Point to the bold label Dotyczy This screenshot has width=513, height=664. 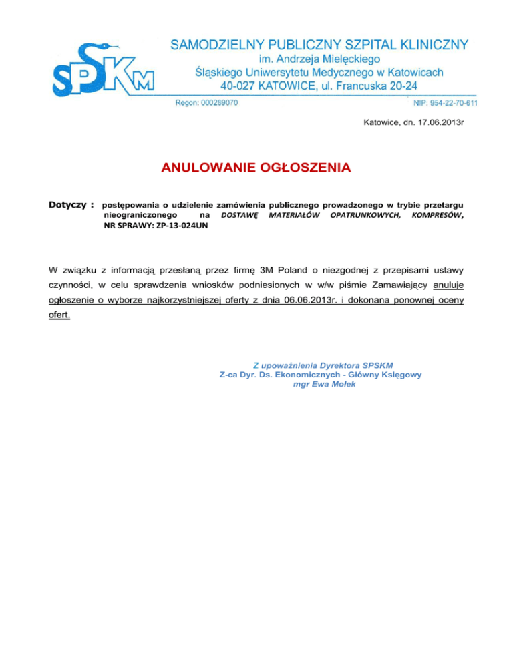click(x=69, y=202)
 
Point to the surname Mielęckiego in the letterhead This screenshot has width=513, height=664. click(x=351, y=59)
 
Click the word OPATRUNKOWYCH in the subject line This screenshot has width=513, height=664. click(x=367, y=214)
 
